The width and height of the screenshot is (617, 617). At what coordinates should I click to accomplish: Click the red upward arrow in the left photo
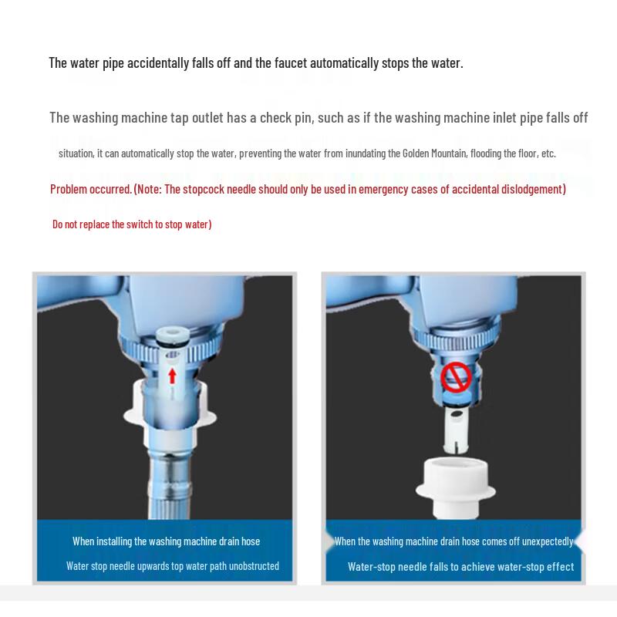pos(173,376)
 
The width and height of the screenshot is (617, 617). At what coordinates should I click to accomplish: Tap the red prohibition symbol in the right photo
pos(455,378)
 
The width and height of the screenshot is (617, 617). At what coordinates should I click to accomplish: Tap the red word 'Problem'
pos(69,189)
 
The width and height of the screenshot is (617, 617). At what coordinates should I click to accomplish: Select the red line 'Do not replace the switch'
pos(132,224)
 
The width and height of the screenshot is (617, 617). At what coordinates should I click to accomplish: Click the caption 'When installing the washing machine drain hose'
pos(166,541)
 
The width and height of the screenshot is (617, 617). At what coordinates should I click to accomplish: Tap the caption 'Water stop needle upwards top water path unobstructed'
pos(172,566)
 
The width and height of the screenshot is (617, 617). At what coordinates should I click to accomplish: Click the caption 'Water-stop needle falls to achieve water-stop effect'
pos(460,567)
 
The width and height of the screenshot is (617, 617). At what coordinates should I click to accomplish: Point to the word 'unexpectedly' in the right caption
pos(547,541)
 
